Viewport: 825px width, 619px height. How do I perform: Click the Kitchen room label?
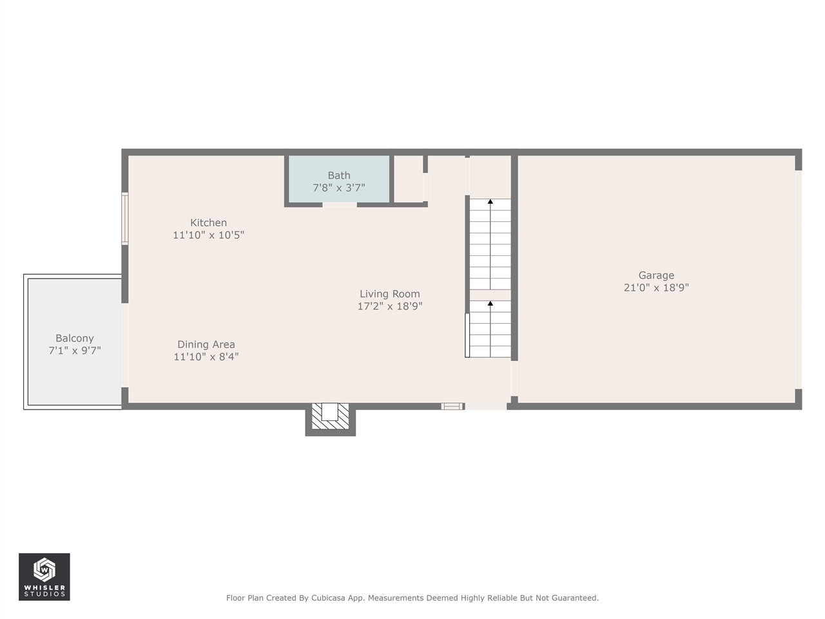click(208, 223)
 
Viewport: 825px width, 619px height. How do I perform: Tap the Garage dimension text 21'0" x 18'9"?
click(656, 288)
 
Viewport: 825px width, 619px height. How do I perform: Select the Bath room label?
click(339, 175)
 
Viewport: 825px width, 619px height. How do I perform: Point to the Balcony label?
click(75, 339)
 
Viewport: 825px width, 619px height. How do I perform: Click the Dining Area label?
click(206, 344)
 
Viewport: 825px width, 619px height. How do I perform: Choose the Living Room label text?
click(389, 294)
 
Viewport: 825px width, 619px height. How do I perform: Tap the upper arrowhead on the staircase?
click(490, 202)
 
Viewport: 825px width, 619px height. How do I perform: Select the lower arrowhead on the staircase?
click(490, 303)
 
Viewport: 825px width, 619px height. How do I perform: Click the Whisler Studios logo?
click(44, 576)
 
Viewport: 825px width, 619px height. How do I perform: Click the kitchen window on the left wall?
click(125, 219)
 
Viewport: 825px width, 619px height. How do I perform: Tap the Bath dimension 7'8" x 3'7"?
click(339, 188)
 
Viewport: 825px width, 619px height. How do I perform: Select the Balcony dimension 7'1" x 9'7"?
click(75, 351)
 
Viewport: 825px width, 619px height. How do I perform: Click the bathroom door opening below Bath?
click(340, 205)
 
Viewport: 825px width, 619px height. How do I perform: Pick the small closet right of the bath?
click(408, 179)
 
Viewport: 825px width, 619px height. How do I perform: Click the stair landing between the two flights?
click(490, 295)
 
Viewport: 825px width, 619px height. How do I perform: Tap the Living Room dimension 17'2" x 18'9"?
click(389, 306)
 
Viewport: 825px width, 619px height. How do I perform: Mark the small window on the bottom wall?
click(452, 406)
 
